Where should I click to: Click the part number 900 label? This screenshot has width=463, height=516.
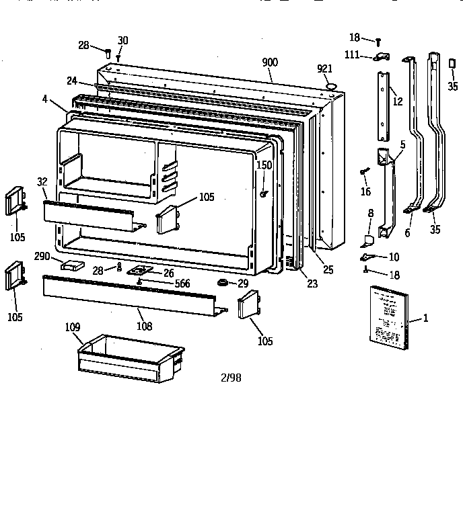269,62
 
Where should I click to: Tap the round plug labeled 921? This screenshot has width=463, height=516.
330,85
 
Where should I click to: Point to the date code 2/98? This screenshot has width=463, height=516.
230,378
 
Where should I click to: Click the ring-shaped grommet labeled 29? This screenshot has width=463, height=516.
221,282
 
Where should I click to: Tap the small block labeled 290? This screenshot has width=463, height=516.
69,265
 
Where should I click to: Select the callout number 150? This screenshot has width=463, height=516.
264,166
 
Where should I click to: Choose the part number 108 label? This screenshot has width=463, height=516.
143,327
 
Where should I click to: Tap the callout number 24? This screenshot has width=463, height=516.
71,81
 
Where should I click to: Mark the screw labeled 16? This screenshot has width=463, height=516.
364,172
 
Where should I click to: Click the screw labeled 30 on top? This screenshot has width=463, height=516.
118,57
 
